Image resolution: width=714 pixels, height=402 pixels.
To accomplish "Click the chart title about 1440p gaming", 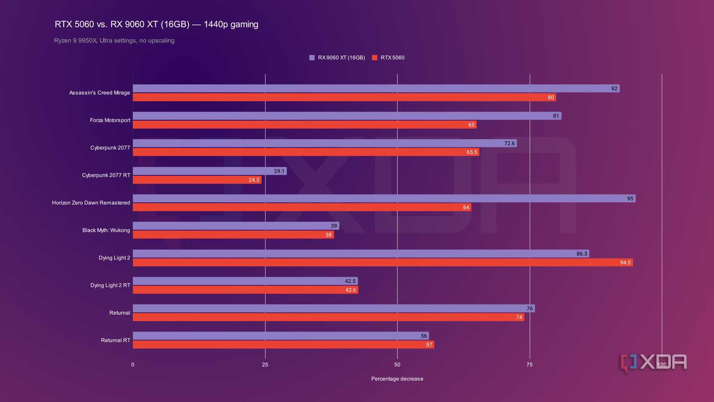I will tap(156, 24).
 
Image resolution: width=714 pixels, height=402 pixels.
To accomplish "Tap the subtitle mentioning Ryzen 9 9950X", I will tap(114, 41).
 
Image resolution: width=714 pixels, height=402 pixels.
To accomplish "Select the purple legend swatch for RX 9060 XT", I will tap(312, 58).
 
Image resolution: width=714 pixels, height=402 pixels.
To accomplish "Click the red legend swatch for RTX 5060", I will tap(375, 58).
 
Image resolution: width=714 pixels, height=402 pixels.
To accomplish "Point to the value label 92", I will tap(614, 89).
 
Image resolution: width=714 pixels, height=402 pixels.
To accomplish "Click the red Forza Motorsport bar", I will tap(303, 125).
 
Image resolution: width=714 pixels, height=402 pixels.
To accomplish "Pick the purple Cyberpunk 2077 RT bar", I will tap(208, 171).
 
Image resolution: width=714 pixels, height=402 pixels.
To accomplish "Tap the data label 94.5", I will tap(625, 263).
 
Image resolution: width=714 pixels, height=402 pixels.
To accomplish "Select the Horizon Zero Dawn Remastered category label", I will tap(91, 203).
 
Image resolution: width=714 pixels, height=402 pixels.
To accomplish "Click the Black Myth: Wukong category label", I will tap(106, 230).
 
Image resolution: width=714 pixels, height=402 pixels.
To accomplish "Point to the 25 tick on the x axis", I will tap(265, 365).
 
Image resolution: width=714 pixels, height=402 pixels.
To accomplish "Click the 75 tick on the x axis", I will tap(529, 365).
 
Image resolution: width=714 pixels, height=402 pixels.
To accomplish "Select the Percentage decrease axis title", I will tap(397, 379).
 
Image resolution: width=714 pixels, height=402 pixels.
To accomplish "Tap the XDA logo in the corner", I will tap(653, 363).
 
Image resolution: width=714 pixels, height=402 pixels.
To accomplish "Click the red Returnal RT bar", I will tap(281, 345).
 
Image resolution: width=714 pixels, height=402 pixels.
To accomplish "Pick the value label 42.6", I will tap(351, 290).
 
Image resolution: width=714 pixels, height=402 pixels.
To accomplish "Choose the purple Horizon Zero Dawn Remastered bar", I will tap(381, 199).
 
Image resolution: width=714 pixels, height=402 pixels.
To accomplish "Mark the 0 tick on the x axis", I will tap(133, 365).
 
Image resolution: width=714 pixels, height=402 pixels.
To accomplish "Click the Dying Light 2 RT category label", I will tap(110, 285).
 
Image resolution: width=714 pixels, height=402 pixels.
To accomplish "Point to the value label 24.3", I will tap(254, 180).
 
